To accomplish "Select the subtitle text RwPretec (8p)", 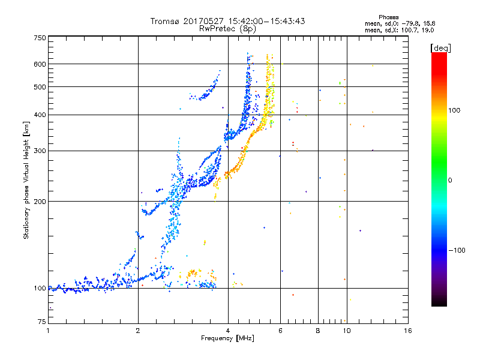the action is (227, 29).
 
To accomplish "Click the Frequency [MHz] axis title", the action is (227, 338).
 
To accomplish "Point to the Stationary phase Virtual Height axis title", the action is (26, 180).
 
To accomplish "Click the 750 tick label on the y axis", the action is (40, 38).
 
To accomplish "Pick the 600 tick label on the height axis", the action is (40, 64).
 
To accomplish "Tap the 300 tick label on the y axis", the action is (40, 151).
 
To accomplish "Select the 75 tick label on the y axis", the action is (42, 322).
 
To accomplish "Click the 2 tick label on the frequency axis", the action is (138, 331).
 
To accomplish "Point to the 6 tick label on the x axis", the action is (280, 331).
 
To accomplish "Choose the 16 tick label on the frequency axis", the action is (408, 331).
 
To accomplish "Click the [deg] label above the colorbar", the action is (440, 48).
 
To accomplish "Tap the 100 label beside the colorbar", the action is (454, 110).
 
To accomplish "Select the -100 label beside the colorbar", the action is (457, 250).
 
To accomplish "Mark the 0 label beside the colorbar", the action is (450, 180).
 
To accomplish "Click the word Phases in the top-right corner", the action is (388, 17).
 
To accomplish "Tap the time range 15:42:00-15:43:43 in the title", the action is (266, 21).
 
